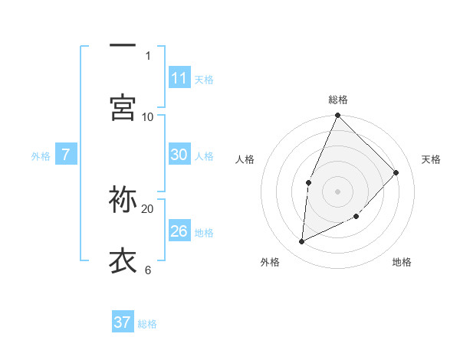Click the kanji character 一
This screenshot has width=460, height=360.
coord(123,45)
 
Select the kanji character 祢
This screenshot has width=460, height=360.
coord(123,198)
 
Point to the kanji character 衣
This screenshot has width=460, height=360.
coord(123,260)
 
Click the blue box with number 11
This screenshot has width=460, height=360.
coord(179,77)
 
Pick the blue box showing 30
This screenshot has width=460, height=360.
coord(179,155)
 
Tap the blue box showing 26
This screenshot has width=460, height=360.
coord(179,231)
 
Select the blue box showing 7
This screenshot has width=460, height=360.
coord(66,155)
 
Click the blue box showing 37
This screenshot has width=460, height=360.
coord(122,322)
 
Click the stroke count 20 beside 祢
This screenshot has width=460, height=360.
coord(148,208)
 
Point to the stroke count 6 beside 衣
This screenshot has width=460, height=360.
coord(147,270)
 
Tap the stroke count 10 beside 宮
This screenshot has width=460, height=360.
coord(148,116)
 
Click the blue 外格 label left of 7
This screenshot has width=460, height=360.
coord(41,156)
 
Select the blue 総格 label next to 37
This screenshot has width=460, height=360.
coord(147,324)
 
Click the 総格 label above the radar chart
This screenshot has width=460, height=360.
coord(338,100)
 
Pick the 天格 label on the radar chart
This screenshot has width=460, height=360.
coord(431,159)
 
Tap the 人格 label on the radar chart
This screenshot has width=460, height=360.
coord(245,159)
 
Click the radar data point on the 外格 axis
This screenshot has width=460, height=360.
coord(302,242)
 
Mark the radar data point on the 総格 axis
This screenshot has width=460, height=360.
coord(338,116)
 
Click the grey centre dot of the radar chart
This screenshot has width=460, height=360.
coord(338,191)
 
